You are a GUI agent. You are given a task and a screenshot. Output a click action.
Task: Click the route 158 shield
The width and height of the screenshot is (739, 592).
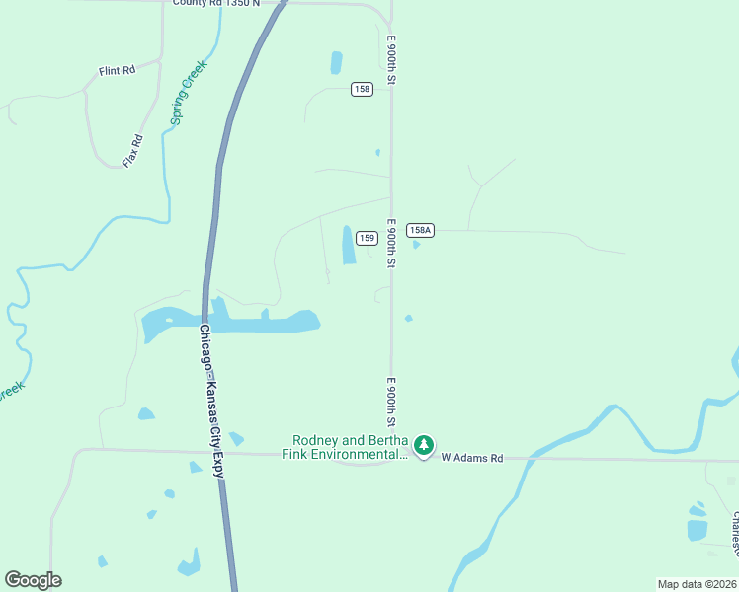pyautogui.click(x=362, y=90)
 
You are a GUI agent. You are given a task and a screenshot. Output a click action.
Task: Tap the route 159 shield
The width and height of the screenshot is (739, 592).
pyautogui.click(x=367, y=238)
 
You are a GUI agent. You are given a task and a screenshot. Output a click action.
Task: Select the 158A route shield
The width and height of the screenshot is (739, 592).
pyautogui.click(x=420, y=230)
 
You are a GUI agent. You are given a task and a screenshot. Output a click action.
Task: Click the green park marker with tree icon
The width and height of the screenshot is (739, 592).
pyautogui.click(x=424, y=447)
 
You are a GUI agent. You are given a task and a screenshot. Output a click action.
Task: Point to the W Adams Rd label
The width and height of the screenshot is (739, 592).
pyautogui.click(x=472, y=458)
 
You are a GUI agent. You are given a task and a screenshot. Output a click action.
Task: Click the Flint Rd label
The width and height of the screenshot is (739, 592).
pyautogui.click(x=116, y=71)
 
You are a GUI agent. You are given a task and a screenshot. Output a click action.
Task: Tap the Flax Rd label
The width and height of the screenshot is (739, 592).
pyautogui.click(x=132, y=151)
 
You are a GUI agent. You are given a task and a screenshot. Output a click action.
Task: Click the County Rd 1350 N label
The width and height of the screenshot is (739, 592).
pyautogui.click(x=215, y=4)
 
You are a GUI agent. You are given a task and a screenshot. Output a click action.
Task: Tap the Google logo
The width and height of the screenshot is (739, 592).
pyautogui.click(x=33, y=580)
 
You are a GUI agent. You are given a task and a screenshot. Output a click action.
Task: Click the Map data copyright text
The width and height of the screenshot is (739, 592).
pyautogui.click(x=697, y=584)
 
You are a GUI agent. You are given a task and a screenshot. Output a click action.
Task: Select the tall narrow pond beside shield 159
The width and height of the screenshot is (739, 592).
pyautogui.click(x=349, y=245)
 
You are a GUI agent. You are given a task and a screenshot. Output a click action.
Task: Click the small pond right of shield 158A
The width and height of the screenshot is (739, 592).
pyautogui.click(x=416, y=245)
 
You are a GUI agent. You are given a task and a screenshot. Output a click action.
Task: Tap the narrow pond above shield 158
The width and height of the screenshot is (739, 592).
pyautogui.click(x=336, y=63)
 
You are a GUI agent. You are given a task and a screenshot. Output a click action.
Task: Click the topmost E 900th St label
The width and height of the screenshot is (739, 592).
pyautogui.click(x=391, y=61)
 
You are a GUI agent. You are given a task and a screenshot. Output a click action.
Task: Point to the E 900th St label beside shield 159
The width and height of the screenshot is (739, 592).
pyautogui.click(x=391, y=244)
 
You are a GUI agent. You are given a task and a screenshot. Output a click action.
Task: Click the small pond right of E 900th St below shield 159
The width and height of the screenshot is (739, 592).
pyautogui.click(x=408, y=318)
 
